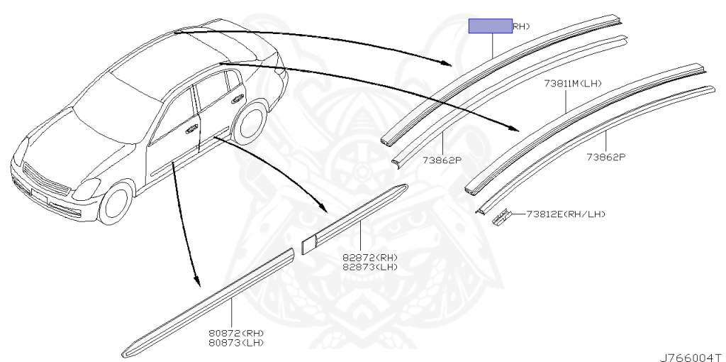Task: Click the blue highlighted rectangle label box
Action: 490,27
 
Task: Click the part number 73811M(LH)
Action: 573,84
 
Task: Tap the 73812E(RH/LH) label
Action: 565,214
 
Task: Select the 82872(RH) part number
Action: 369,258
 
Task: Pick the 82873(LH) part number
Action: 369,267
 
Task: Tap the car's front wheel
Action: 116,203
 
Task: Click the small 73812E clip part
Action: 502,217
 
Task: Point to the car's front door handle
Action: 191,130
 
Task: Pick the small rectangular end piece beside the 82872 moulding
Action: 308,244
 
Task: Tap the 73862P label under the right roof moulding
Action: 605,157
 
